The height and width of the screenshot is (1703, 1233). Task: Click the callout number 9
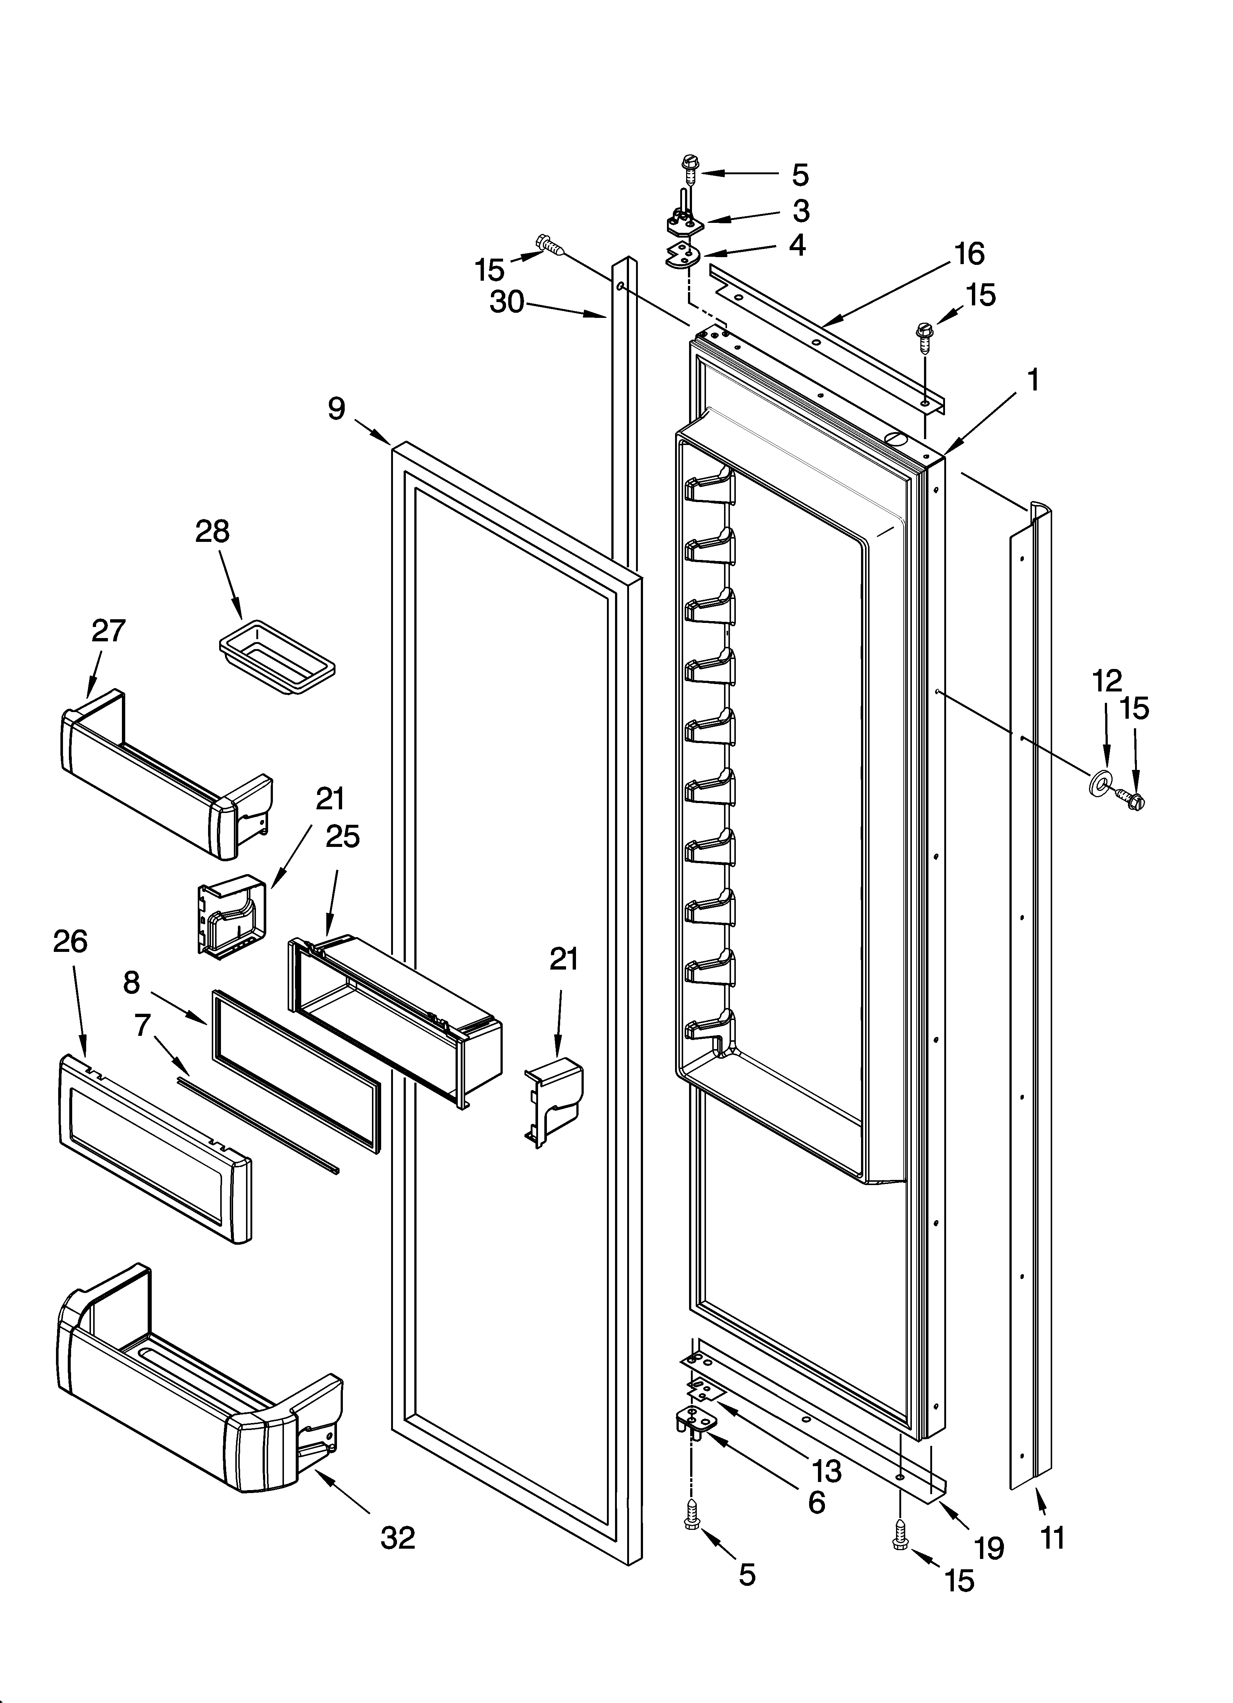pyautogui.click(x=336, y=409)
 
